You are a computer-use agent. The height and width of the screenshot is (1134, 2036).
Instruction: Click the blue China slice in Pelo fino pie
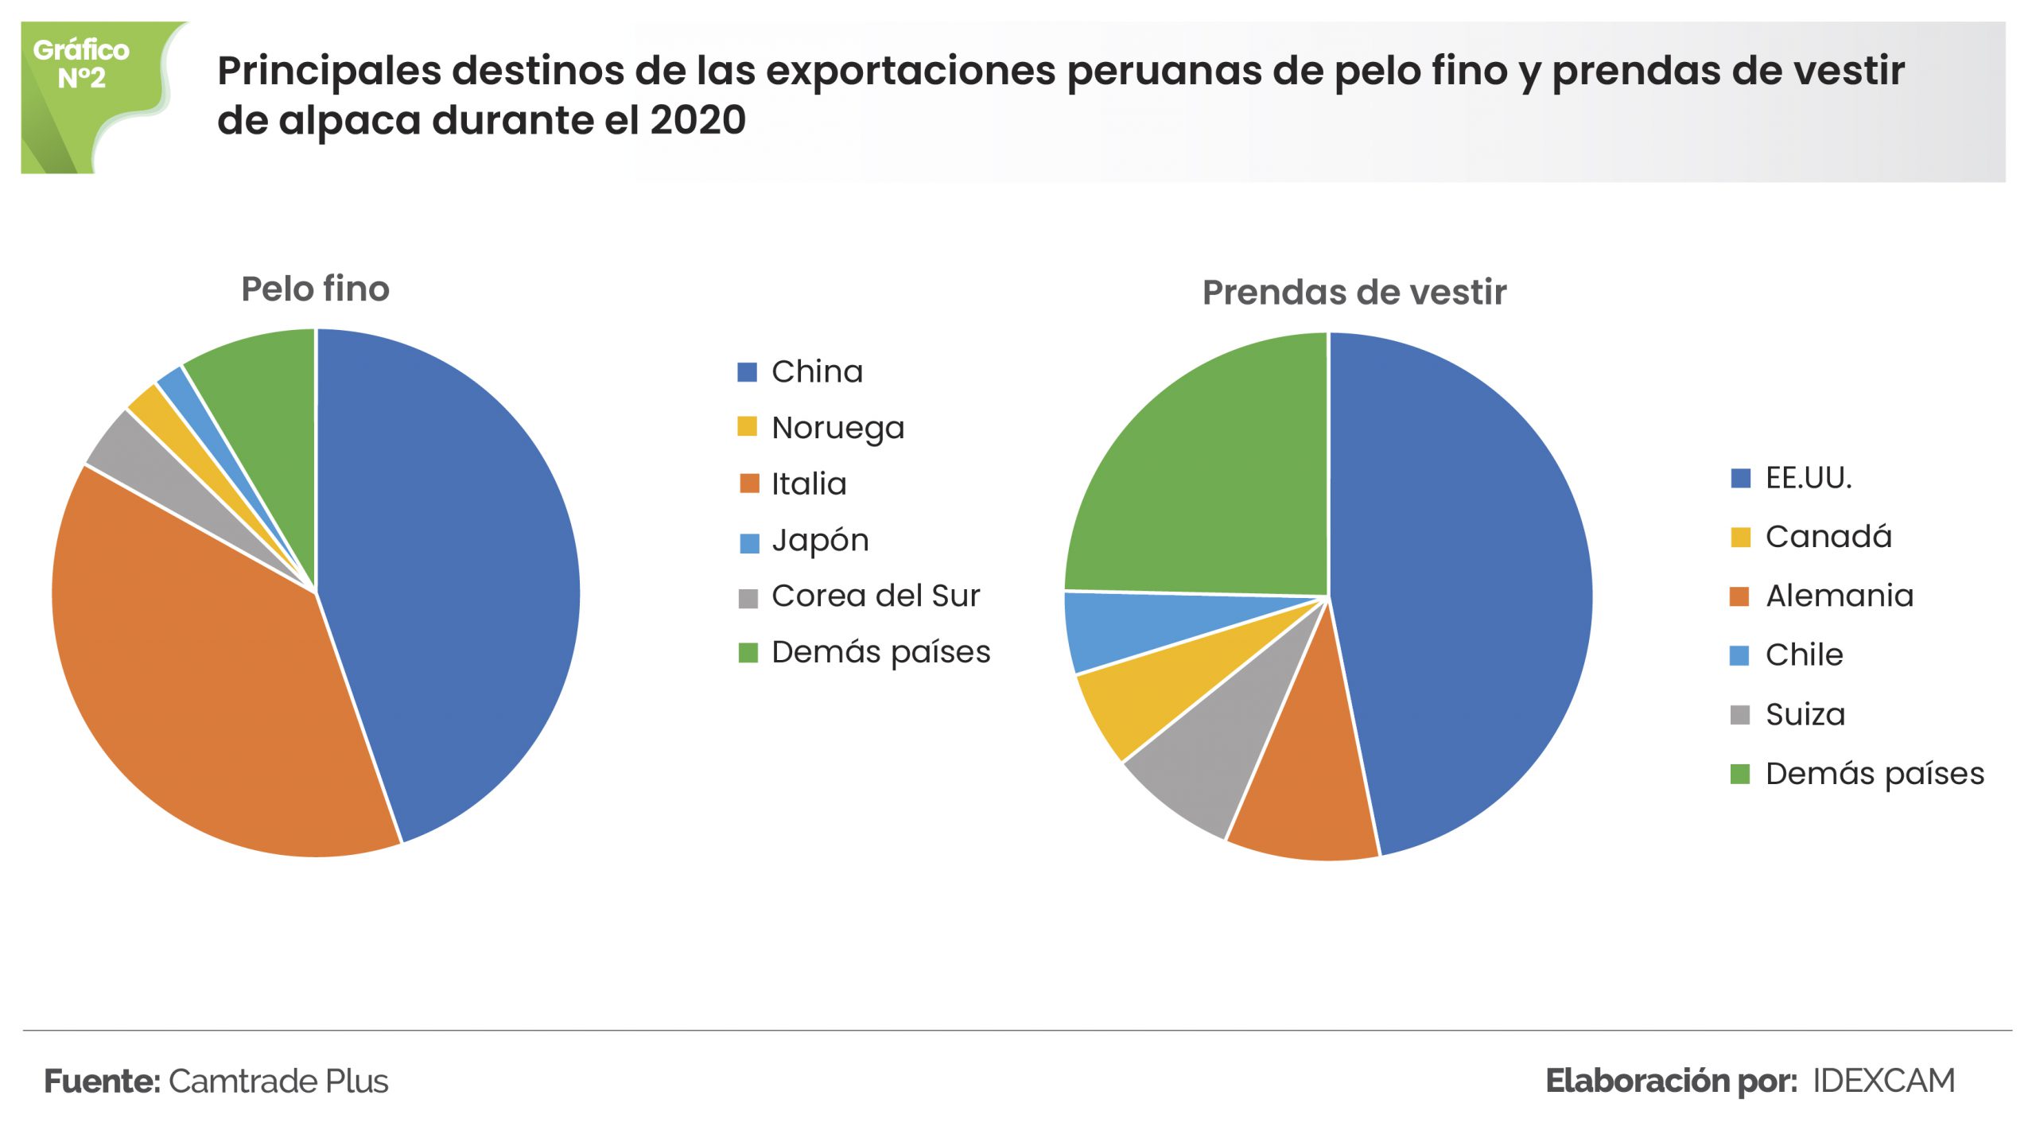[453, 573]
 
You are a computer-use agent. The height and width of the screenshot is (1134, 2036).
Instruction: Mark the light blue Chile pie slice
[1129, 628]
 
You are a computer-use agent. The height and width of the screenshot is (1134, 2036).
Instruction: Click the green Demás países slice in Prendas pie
[1209, 477]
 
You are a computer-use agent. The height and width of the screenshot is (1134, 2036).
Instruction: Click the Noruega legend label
[838, 428]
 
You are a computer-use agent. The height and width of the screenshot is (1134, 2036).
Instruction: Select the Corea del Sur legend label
[876, 596]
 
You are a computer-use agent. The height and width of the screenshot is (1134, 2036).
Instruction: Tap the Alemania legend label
[1840, 596]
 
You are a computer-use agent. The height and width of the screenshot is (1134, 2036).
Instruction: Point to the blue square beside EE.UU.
[1740, 479]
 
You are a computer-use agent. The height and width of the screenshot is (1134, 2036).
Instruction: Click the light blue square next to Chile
[1739, 656]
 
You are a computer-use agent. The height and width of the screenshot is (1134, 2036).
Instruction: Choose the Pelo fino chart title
[316, 289]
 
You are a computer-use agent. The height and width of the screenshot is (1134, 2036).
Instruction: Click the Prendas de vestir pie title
[1354, 292]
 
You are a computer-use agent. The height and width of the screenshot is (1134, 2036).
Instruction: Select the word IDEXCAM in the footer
[1883, 1082]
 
